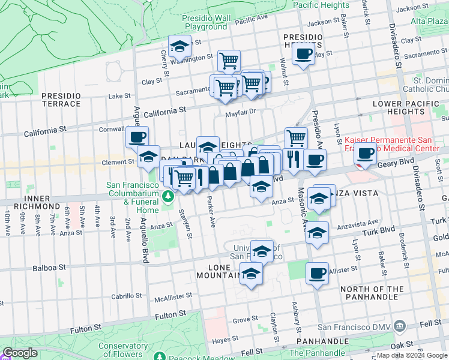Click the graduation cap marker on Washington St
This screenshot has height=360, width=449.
coord(179,46)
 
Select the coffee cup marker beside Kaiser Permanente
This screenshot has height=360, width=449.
coord(365,154)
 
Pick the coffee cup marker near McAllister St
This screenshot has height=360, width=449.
coord(317,274)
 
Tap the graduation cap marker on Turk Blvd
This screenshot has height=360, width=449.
coord(318,233)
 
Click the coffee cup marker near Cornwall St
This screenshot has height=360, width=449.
coord(137,137)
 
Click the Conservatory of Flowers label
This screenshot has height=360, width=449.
coord(123,350)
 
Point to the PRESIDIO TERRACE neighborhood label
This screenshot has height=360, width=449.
coord(61,100)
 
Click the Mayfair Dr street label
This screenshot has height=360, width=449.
coord(240,112)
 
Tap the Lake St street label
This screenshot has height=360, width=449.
coord(119,96)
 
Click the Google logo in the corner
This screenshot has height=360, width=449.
coord(20,353)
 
